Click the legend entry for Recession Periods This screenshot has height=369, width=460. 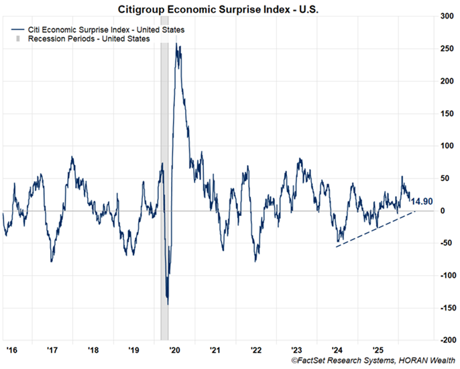tap(93, 39)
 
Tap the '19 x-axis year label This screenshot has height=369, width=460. tap(133, 350)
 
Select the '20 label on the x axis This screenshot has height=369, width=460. tap(174, 350)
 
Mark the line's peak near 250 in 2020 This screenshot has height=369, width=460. tap(176, 46)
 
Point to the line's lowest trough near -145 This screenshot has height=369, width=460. tap(167, 304)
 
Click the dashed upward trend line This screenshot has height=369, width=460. tap(376, 229)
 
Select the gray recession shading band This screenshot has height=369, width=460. tap(164, 168)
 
